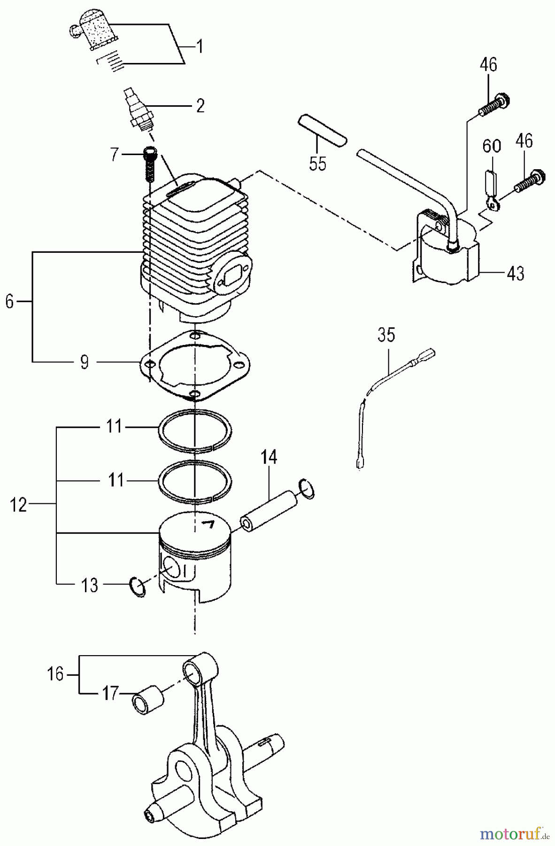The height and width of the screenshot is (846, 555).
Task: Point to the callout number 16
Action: tap(55, 674)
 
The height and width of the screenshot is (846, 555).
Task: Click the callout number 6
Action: tap(9, 302)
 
